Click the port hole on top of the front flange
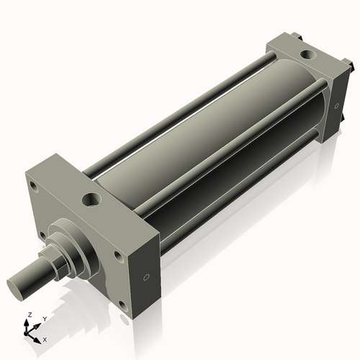point(93,197)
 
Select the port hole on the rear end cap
point(308,53)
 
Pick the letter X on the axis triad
point(45,338)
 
